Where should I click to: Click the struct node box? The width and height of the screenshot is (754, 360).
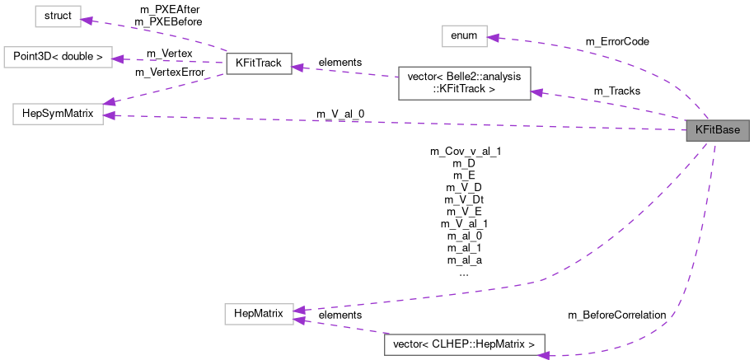[57, 16]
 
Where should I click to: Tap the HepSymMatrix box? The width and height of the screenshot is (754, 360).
[57, 115]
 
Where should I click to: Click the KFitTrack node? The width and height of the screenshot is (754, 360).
[259, 65]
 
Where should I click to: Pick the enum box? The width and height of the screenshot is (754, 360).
[464, 35]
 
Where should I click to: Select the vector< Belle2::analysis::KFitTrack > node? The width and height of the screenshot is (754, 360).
[464, 83]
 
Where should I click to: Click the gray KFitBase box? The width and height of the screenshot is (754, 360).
[718, 130]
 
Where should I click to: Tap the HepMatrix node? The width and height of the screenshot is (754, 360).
[259, 313]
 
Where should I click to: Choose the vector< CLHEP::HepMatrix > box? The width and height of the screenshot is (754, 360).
[465, 342]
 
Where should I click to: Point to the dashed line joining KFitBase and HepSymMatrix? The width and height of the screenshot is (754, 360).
[396, 123]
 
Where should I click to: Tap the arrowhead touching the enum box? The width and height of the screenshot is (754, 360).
[493, 37]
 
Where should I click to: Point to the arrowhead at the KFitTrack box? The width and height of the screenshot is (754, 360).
[297, 67]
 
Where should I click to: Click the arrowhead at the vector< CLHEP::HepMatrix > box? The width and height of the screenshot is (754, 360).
[544, 354]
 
